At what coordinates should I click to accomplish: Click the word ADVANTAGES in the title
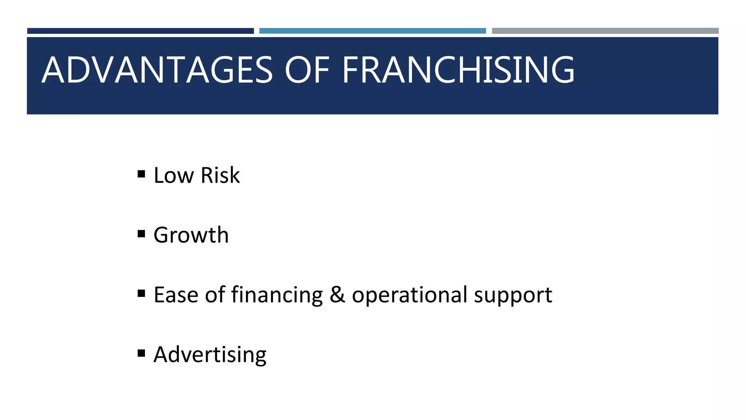[157, 70]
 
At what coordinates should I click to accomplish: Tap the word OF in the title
[307, 70]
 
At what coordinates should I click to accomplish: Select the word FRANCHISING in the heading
[458, 70]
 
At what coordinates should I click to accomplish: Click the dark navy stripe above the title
[140, 31]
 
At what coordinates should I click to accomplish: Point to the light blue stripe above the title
[372, 31]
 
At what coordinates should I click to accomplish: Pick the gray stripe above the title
[605, 31]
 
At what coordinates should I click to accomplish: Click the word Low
[174, 175]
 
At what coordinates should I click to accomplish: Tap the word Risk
[220, 175]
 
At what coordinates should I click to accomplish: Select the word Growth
[191, 235]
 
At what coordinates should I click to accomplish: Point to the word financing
[277, 295]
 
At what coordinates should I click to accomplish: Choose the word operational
[409, 295]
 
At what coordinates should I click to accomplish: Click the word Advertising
[210, 355]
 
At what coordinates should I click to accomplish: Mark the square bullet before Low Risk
[141, 174]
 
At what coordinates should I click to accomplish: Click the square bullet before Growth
[141, 234]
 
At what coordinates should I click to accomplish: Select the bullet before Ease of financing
[141, 293]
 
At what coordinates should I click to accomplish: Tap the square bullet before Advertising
[141, 353]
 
